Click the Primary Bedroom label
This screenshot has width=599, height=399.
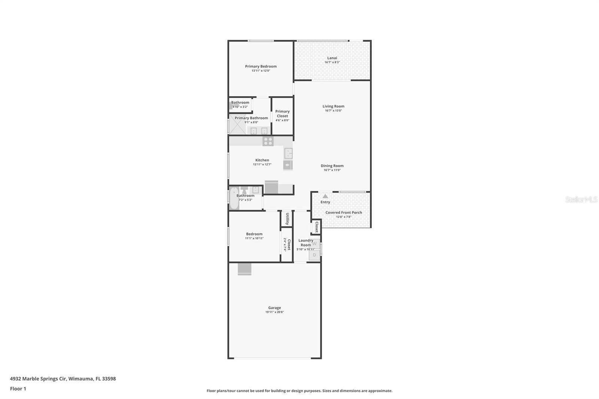point(261,66)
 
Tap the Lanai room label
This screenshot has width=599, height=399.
point(332,58)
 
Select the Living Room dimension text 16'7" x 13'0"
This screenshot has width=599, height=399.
point(333,110)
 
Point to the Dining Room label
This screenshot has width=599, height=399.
point(332,166)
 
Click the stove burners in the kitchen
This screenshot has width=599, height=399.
point(268,141)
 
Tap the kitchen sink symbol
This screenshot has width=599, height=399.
point(288,153)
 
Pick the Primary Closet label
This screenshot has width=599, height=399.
point(282,114)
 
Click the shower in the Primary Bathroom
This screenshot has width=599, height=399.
point(237,124)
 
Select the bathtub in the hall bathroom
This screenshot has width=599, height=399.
point(234,198)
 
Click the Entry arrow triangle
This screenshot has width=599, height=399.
point(325,196)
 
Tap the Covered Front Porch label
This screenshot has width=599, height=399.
point(344,213)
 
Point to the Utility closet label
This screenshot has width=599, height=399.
point(287,219)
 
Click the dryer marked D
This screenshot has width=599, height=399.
point(314,255)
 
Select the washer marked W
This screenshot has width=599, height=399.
point(314,244)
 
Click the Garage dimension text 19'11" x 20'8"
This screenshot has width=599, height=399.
point(274,312)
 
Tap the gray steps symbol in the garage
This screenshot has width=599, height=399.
point(244,269)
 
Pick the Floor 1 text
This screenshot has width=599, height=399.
point(18,389)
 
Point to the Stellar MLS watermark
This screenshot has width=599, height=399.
point(581,199)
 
